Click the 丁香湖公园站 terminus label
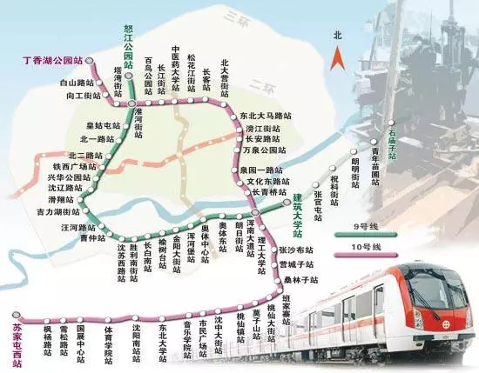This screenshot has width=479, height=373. point(51,60)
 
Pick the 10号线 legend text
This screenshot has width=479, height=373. point(369,249)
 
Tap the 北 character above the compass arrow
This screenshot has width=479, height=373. point(337,36)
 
